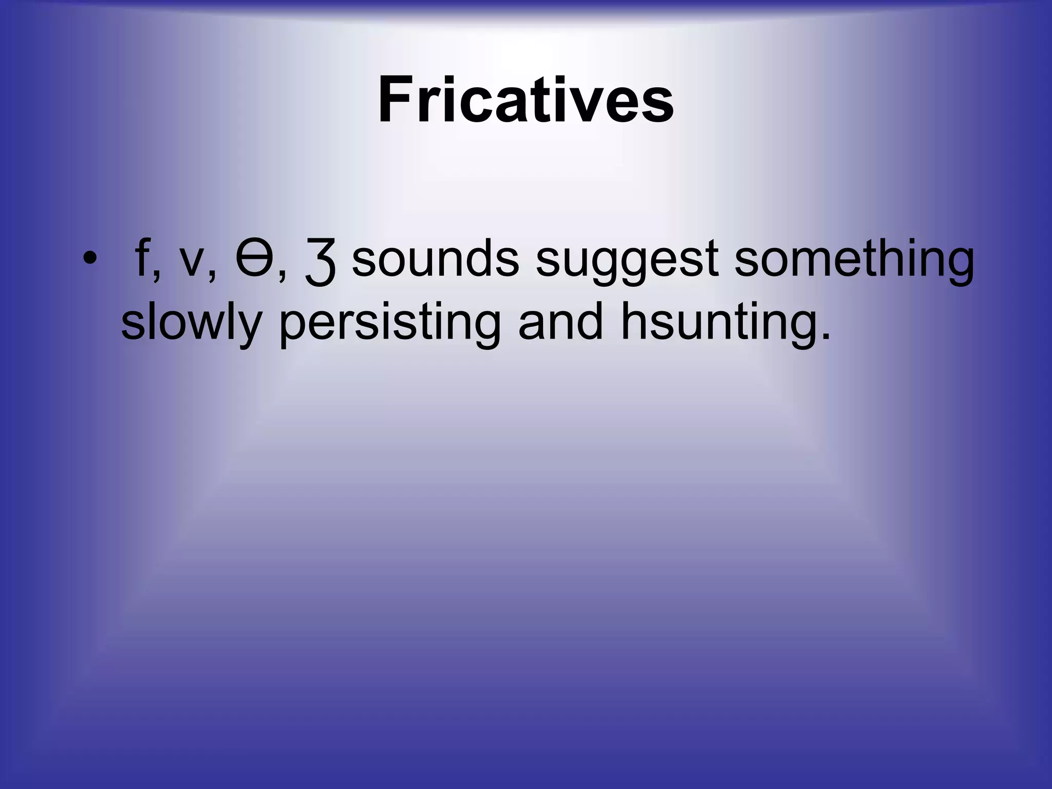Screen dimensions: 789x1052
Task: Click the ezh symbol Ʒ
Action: click(321, 265)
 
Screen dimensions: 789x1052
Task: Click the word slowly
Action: click(191, 324)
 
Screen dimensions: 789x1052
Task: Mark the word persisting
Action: click(389, 324)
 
